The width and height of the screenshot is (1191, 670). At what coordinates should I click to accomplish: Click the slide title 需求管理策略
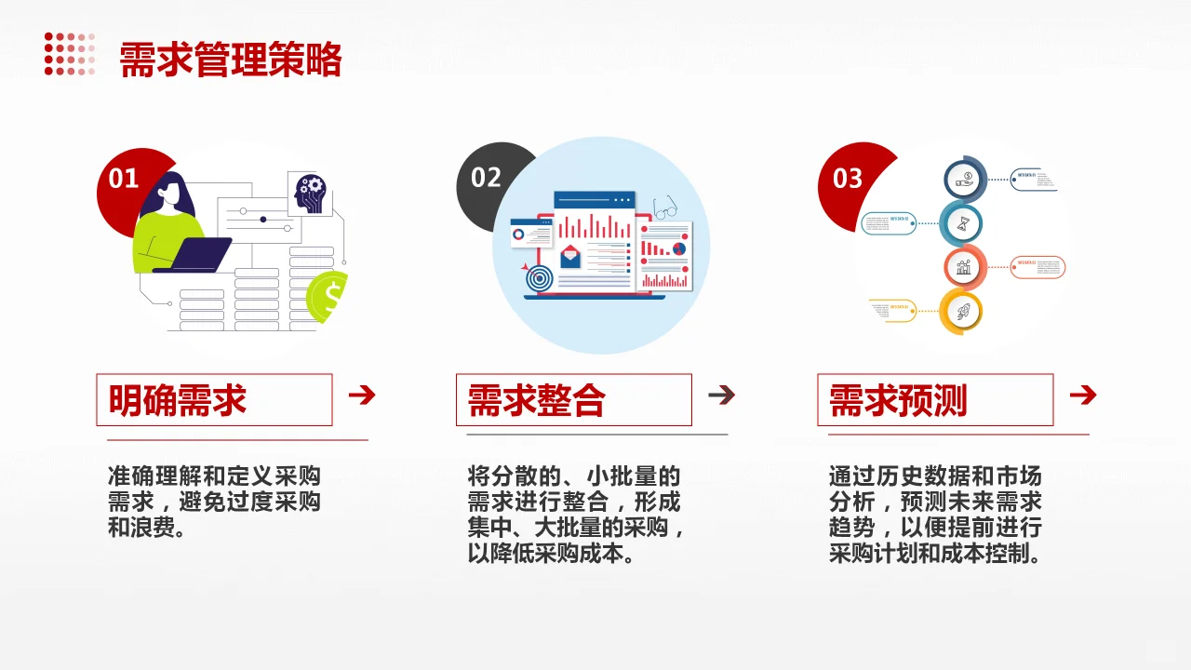click(x=231, y=60)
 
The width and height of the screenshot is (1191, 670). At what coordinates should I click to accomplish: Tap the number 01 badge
click(x=124, y=179)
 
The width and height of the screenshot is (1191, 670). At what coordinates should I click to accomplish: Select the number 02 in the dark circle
click(x=486, y=178)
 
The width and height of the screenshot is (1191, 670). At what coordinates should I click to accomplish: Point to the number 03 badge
click(x=847, y=179)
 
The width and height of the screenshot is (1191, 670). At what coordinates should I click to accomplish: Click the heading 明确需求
click(x=178, y=400)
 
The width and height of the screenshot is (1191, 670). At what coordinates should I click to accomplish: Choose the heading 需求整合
click(x=537, y=400)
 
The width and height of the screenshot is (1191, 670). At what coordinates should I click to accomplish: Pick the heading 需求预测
click(x=898, y=400)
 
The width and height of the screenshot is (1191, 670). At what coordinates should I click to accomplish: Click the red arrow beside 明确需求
click(x=361, y=395)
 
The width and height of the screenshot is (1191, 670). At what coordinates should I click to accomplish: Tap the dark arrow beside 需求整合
click(x=721, y=395)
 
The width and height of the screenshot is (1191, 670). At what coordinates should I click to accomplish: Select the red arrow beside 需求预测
click(x=1082, y=395)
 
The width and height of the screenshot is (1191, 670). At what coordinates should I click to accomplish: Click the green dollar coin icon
click(x=329, y=296)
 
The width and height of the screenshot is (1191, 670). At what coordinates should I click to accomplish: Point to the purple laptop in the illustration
click(x=197, y=254)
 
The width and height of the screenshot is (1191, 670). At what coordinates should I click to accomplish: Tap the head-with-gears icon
click(x=310, y=193)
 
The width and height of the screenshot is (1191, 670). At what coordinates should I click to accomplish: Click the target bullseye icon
click(x=539, y=276)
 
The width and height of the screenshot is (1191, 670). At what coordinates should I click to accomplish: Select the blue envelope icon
click(x=569, y=256)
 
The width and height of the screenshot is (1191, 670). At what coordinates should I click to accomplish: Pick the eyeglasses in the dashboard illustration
click(x=664, y=208)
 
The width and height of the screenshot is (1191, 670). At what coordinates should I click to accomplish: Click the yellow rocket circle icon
click(x=961, y=311)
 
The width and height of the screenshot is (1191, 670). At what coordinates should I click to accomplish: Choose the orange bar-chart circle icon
click(x=964, y=268)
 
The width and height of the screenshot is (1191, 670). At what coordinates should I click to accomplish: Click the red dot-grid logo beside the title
click(x=70, y=54)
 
